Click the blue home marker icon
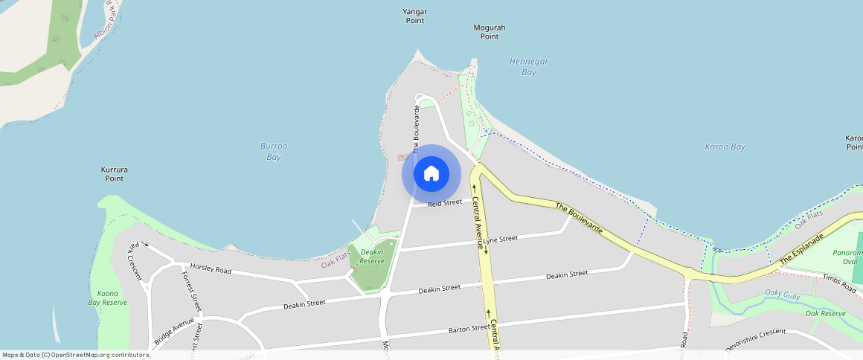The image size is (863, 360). click(x=431, y=174)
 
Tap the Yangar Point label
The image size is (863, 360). click(x=415, y=16)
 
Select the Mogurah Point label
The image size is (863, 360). click(x=490, y=32)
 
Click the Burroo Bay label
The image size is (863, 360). click(x=274, y=152)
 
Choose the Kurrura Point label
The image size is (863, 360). click(x=115, y=174)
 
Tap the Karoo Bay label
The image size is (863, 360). click(x=725, y=147)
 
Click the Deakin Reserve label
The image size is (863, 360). click(x=372, y=257)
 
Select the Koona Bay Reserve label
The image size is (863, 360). click(x=108, y=298)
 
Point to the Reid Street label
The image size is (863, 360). click(x=445, y=202)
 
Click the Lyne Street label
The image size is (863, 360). click(x=500, y=240)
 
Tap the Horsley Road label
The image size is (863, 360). click(x=211, y=269)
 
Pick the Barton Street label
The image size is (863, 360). click(x=469, y=328)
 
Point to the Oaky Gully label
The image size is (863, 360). click(x=783, y=295)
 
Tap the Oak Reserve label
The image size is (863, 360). click(x=826, y=314)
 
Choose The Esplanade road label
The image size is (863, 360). click(x=802, y=248)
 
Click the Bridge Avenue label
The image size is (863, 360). click(x=174, y=332)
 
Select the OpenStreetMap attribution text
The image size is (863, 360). click(x=75, y=355)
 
